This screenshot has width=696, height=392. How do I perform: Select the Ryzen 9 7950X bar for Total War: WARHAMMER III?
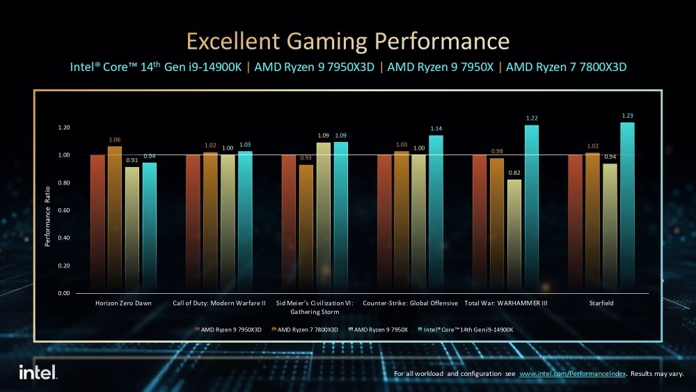(514, 236)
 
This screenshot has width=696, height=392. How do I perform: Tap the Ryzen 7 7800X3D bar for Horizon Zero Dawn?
(115, 219)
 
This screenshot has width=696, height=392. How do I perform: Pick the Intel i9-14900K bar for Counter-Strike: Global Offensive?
(436, 214)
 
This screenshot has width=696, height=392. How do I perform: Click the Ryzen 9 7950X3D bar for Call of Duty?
(193, 224)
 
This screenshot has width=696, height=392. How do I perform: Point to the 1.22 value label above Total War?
(532, 118)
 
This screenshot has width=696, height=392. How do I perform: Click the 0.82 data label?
(514, 172)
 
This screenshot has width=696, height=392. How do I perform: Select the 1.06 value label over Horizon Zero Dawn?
(115, 139)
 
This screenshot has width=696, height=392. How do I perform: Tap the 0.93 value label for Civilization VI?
(306, 158)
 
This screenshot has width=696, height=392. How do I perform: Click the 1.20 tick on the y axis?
(64, 128)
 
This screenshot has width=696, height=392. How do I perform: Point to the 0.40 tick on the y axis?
(64, 238)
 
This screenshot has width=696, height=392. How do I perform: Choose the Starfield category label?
(601, 304)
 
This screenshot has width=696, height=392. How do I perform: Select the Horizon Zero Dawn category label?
(123, 304)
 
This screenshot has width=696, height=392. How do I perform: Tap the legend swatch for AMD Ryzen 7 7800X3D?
(274, 329)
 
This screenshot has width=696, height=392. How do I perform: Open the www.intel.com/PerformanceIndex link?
(573, 375)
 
